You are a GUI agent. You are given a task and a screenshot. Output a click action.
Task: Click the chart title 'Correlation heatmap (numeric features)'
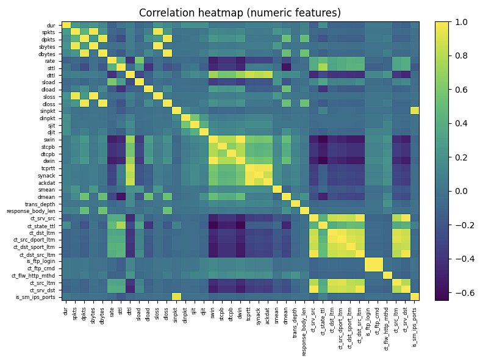(x=240, y=13)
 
